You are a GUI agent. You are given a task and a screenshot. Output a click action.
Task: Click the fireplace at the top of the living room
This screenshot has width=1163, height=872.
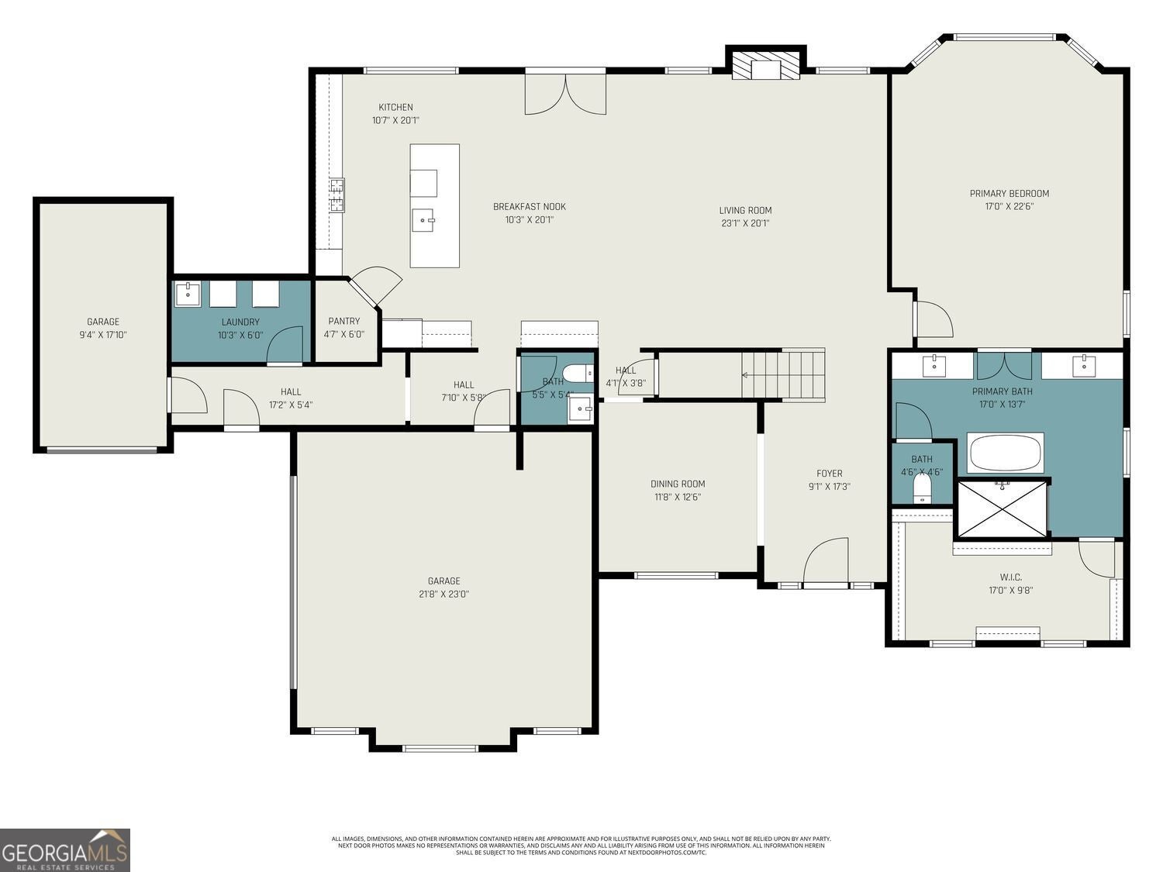(766, 65)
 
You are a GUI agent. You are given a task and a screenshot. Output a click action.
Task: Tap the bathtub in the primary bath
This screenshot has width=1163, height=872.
(1006, 453)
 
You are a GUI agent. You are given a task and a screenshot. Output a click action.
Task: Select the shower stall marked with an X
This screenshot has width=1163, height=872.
(1003, 508)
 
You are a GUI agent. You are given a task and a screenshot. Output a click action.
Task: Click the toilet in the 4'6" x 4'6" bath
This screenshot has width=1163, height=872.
(921, 489)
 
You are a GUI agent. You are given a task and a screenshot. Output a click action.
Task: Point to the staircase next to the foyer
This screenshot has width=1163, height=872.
(783, 375)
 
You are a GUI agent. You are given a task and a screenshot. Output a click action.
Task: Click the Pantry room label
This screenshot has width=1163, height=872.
(343, 321)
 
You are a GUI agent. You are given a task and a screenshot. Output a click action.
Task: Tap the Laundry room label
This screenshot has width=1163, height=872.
(240, 322)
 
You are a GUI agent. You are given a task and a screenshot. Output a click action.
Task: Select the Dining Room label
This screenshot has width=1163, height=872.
(677, 484)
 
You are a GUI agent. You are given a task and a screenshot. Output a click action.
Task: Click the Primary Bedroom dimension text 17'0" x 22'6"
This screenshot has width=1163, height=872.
(1009, 207)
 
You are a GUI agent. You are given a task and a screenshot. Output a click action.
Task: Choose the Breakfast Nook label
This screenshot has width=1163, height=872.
(530, 206)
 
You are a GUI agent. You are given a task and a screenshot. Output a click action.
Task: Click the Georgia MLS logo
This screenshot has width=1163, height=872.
(65, 850)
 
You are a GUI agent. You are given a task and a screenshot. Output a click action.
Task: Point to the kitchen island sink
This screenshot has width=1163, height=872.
(425, 220)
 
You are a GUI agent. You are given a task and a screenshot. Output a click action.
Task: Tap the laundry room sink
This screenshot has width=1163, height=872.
(187, 295)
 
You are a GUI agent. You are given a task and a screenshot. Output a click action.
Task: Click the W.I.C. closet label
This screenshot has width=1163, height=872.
(1010, 577)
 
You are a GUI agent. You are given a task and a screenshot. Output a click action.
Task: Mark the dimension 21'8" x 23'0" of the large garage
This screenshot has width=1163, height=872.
(443, 595)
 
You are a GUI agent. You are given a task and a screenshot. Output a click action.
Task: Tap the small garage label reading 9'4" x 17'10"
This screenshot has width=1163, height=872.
(102, 335)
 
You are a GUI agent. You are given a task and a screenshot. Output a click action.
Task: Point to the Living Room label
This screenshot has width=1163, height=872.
(745, 210)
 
